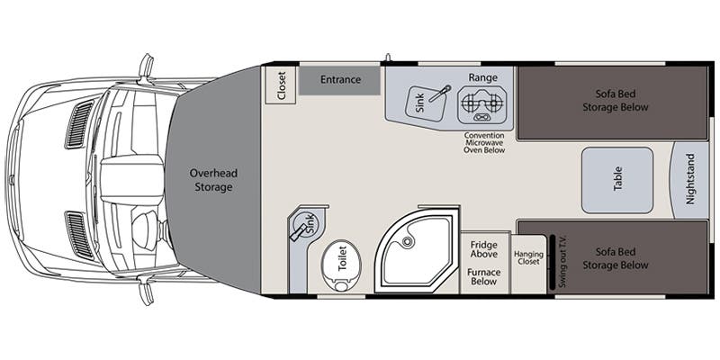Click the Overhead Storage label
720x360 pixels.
pos(213,181)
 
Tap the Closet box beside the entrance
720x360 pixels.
pos(281,85)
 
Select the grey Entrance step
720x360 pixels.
pos(339,80)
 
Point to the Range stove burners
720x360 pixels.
pos(481,104)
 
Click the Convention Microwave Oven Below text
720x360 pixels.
pos(484,143)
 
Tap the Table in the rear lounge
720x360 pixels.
pos(617,180)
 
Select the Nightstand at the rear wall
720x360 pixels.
pos(690,180)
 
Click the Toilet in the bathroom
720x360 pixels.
pos(342,266)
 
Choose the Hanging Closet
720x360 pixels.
pos(528,264)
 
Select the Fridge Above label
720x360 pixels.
pos(484,250)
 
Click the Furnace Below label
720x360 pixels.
pos(484,277)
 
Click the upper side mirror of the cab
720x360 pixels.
pos(146,67)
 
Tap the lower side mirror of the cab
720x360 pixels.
pos(146,290)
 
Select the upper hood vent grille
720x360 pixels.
pos(79,124)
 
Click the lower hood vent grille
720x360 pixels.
pos(79,236)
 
